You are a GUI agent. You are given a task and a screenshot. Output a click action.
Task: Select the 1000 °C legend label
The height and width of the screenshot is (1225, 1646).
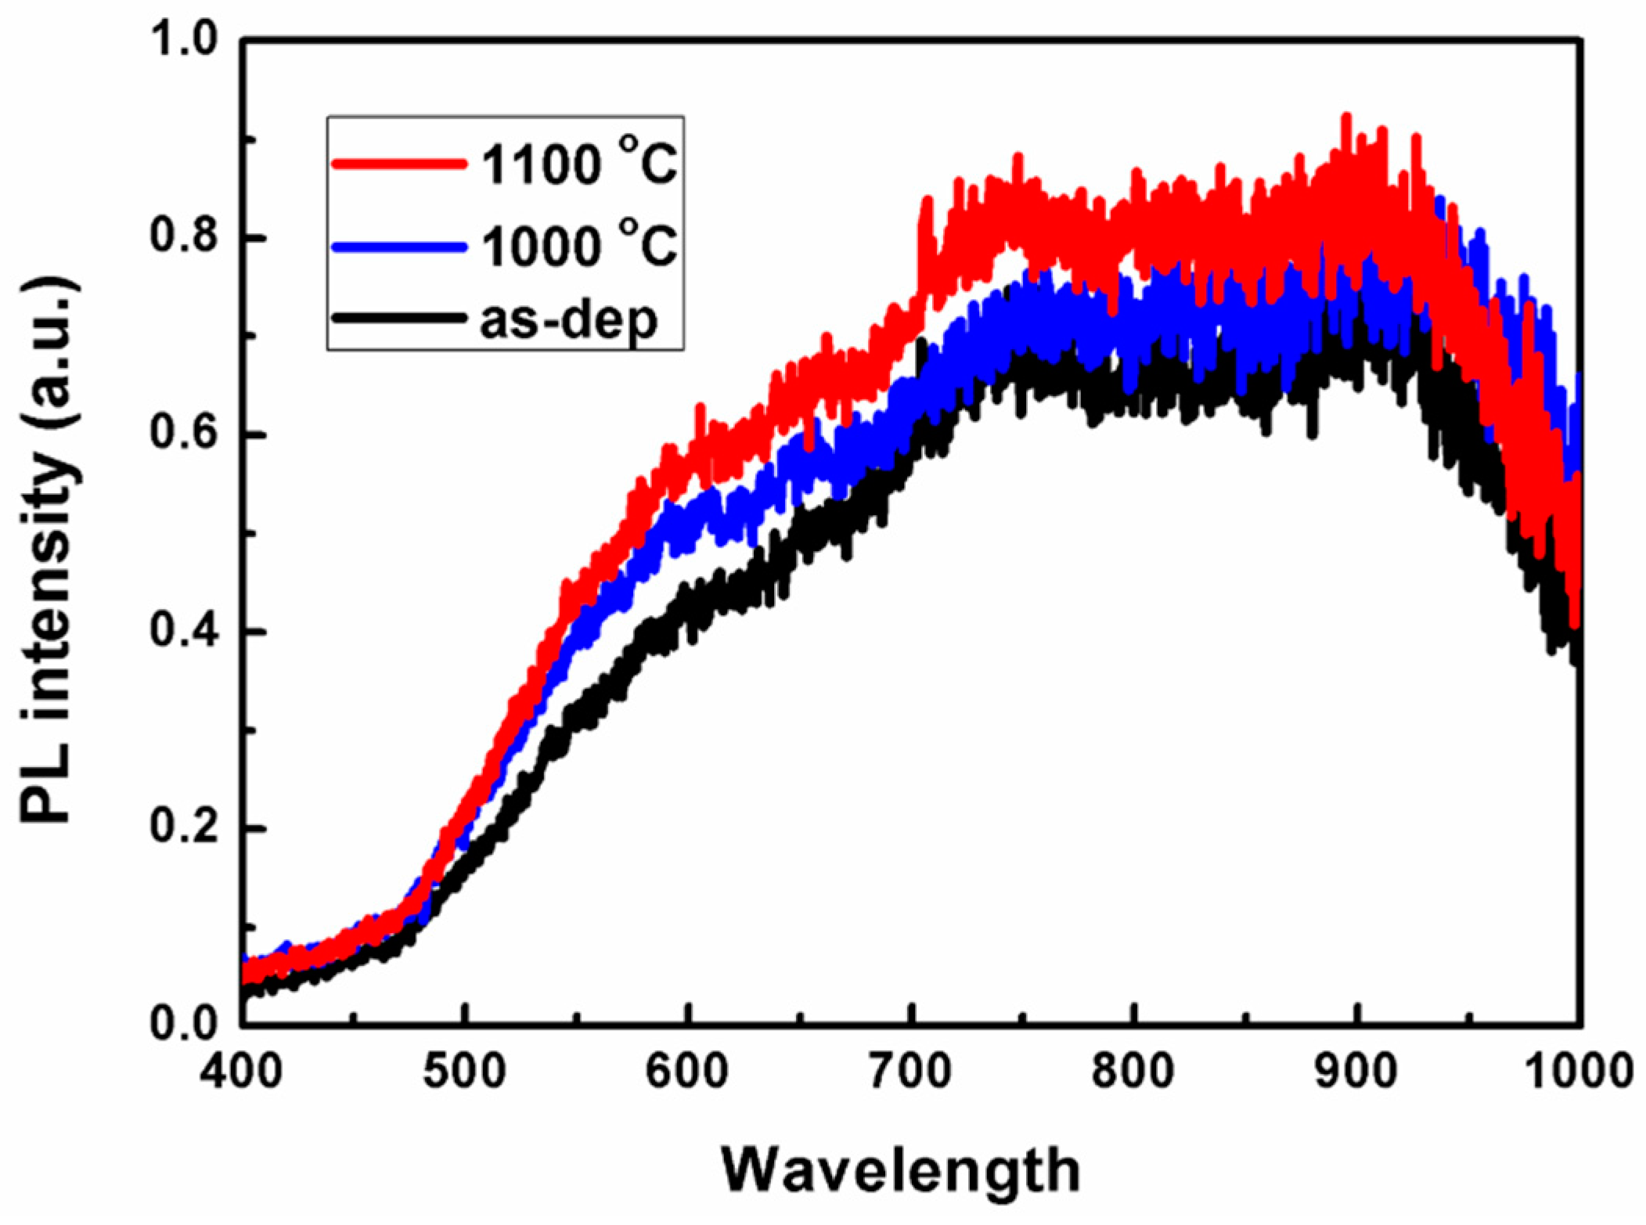click(578, 247)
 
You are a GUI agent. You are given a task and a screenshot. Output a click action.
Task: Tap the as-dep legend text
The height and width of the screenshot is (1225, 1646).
click(568, 319)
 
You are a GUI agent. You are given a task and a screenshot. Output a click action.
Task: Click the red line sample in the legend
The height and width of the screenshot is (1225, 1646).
click(399, 164)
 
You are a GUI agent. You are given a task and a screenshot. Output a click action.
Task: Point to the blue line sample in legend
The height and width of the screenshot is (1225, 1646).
click(399, 247)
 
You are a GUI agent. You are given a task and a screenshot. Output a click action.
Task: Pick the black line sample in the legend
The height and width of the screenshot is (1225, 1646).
click(399, 318)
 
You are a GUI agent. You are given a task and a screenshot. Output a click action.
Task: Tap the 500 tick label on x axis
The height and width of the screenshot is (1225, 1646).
click(465, 1071)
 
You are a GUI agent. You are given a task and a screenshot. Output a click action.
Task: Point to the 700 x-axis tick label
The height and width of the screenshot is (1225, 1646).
click(911, 1071)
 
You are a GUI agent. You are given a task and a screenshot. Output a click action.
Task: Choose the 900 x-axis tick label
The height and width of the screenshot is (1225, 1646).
click(1356, 1071)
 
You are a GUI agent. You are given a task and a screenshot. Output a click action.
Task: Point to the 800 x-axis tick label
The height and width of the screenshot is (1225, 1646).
click(1133, 1071)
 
